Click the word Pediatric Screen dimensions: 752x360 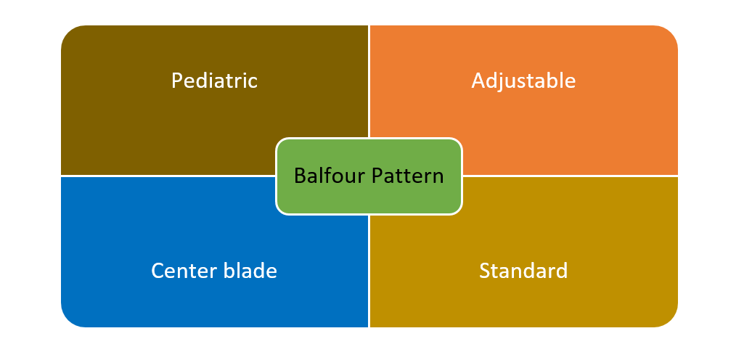(x=214, y=80)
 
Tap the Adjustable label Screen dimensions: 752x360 (x=523, y=80)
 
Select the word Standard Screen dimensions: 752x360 (x=523, y=271)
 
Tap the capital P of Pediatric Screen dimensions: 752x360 (x=176, y=80)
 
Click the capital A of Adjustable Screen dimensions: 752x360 (x=478, y=80)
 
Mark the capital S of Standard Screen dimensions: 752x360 (x=485, y=271)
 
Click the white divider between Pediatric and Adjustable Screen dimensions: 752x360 (x=369, y=80)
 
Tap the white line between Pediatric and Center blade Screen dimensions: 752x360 (x=167, y=176)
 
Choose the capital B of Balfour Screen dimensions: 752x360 (x=299, y=176)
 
